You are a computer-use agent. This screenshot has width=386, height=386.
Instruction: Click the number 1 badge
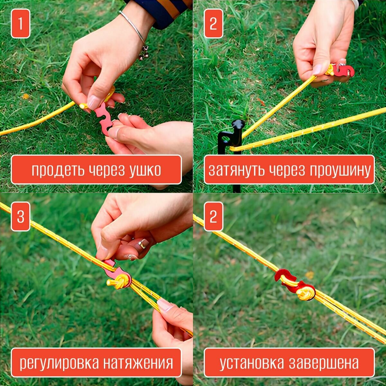(21, 23)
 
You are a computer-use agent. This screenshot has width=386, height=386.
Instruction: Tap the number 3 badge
(21, 216)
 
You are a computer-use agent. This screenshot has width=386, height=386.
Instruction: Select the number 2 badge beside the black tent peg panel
(213, 23)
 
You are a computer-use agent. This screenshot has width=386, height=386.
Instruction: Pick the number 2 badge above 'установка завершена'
(213, 216)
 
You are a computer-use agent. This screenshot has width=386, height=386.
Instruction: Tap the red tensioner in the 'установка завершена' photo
(290, 282)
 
